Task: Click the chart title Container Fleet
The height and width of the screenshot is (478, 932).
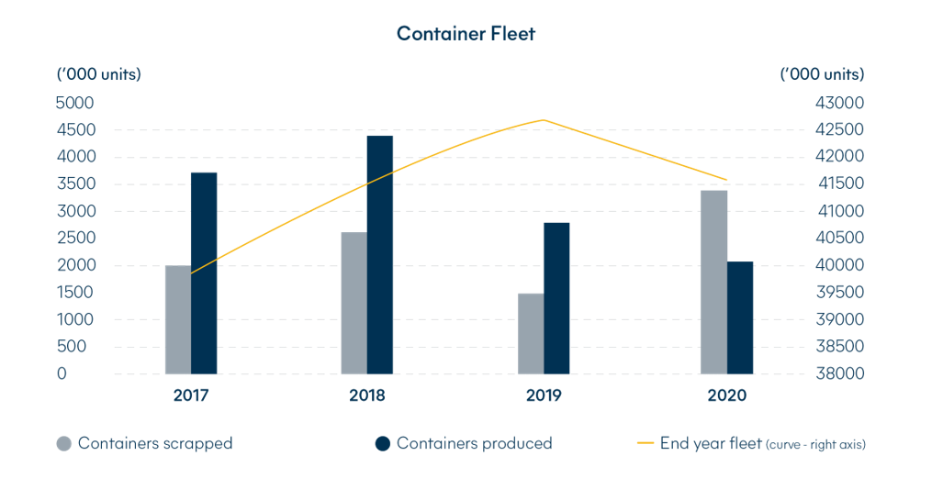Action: (x=466, y=34)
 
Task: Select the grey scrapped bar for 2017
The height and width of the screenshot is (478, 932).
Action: (x=178, y=319)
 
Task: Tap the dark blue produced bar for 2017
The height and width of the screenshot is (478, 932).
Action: (x=204, y=273)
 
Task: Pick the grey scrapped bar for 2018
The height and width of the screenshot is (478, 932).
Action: (x=354, y=303)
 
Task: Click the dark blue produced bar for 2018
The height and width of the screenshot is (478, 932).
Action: (x=380, y=255)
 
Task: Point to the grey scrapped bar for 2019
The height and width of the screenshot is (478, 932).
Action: (x=531, y=334)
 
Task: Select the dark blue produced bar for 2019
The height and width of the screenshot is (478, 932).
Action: (x=556, y=298)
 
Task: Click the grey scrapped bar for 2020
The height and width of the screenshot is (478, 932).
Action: (x=713, y=282)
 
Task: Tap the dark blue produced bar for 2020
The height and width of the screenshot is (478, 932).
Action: (x=740, y=317)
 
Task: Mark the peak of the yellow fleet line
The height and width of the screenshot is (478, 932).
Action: (x=544, y=120)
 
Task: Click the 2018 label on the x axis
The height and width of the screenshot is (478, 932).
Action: (x=367, y=395)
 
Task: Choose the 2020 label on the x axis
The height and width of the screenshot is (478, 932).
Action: (x=727, y=395)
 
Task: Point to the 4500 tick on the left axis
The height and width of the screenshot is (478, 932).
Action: (x=75, y=130)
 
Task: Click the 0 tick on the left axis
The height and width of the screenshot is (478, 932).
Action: (x=62, y=373)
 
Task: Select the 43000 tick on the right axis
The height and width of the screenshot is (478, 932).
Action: (x=840, y=103)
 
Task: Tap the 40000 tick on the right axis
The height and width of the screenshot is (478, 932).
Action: (x=840, y=265)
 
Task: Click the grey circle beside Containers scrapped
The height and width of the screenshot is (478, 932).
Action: (x=64, y=443)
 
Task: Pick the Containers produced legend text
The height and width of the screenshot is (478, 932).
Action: (x=475, y=443)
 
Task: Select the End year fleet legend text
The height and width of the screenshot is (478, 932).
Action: (x=711, y=443)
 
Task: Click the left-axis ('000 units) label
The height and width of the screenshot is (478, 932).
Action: (x=98, y=74)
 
